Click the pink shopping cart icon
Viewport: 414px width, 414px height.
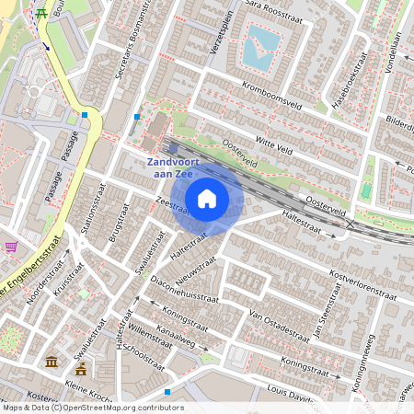(x=11, y=247)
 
